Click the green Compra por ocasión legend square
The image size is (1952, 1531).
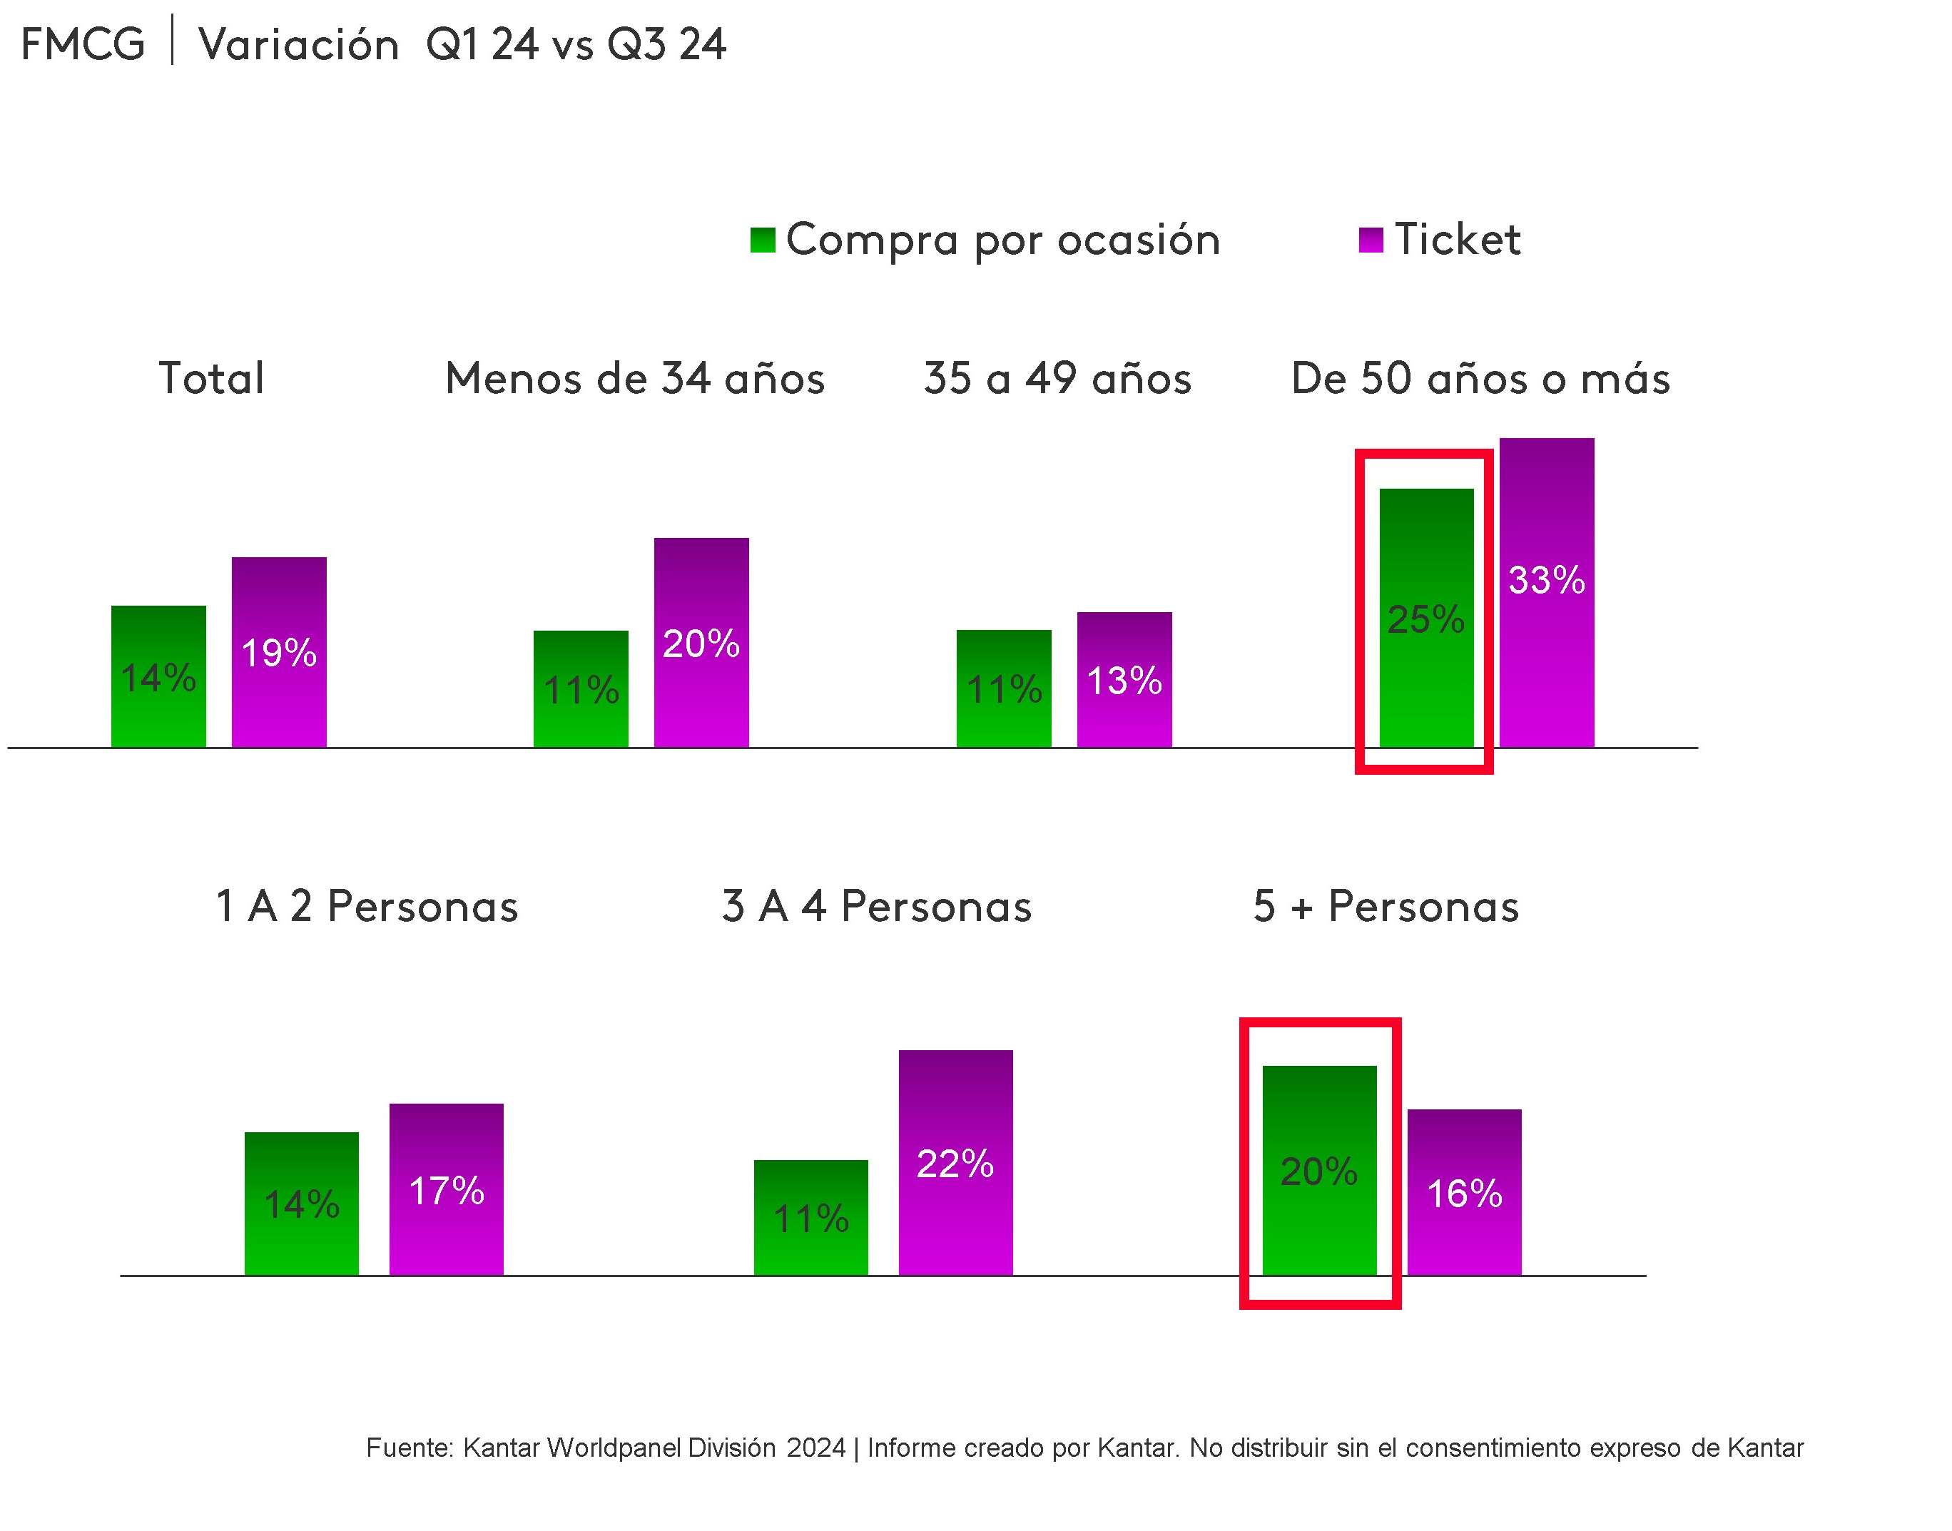(x=762, y=240)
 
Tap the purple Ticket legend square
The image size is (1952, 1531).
(x=1371, y=240)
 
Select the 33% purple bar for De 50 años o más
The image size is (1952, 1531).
(x=1546, y=591)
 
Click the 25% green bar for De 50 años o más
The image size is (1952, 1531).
(x=1426, y=618)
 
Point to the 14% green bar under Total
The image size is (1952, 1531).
(x=158, y=677)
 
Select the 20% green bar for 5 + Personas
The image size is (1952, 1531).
(x=1319, y=1170)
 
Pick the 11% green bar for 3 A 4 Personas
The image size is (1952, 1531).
(x=810, y=1216)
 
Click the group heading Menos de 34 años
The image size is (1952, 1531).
(x=634, y=378)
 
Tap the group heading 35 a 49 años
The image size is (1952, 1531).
(x=1057, y=378)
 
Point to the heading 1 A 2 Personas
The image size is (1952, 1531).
(x=367, y=906)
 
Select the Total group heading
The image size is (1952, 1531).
(x=211, y=378)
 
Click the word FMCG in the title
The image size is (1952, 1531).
(x=83, y=45)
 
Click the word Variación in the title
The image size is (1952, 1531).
(x=298, y=45)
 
